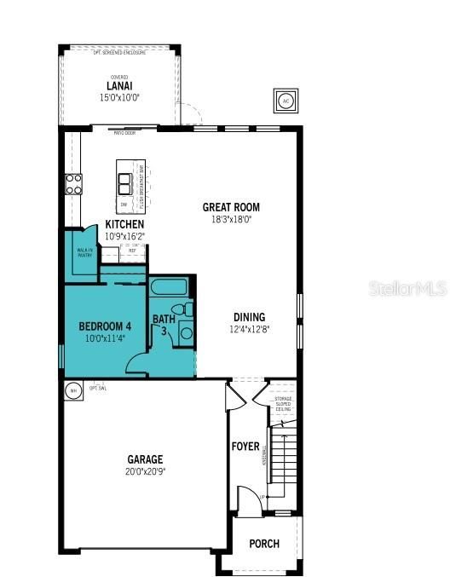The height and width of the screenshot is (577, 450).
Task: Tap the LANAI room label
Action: click(119, 86)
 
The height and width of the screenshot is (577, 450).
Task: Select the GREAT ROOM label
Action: click(231, 207)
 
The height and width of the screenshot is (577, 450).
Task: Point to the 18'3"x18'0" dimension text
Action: click(231, 219)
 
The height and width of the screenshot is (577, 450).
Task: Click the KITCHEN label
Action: click(124, 224)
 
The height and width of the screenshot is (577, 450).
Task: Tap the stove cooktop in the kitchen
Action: click(74, 184)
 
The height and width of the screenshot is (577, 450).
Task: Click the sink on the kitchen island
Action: click(127, 183)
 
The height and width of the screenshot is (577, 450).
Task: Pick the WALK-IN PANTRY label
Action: click(84, 251)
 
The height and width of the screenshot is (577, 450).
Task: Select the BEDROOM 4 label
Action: click(105, 326)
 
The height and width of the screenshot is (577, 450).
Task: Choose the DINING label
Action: click(249, 317)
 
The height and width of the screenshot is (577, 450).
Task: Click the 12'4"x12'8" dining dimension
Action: click(249, 329)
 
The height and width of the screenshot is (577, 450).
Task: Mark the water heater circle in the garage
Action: click(72, 389)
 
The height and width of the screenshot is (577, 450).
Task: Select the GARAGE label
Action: click(146, 459)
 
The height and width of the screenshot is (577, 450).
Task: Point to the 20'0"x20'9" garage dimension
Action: click(146, 471)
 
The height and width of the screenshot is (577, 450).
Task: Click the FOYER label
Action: click(245, 447)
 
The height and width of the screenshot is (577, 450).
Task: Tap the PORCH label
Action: click(264, 544)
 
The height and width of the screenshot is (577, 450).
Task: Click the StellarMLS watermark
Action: click(407, 290)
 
